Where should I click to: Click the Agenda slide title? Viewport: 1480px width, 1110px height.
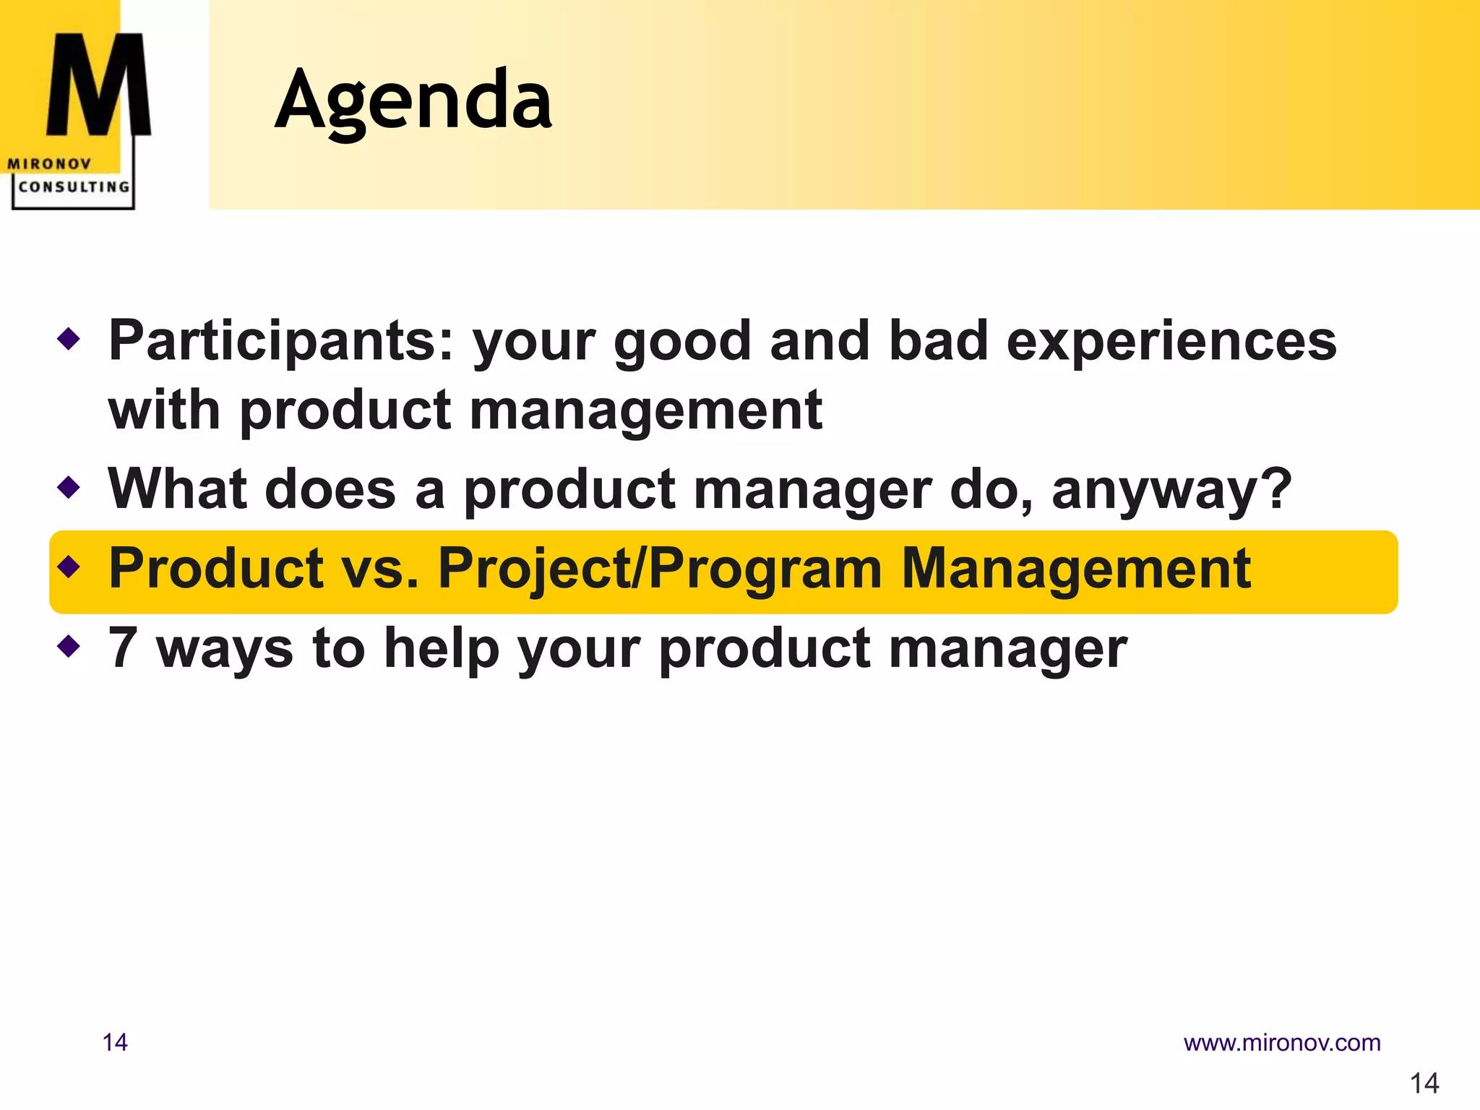click(413, 100)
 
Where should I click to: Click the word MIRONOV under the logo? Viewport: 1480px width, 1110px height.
click(49, 164)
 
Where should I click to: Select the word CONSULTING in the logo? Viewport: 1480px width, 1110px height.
click(74, 186)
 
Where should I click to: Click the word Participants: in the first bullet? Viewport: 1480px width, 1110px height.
click(281, 341)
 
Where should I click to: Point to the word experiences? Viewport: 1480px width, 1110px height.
click(1171, 341)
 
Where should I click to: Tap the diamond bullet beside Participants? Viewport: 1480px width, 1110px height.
click(69, 338)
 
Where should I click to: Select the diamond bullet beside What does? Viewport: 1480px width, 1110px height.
click(69, 487)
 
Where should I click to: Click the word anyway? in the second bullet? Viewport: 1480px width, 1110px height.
click(1171, 490)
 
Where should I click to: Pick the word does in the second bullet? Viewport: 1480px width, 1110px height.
click(330, 490)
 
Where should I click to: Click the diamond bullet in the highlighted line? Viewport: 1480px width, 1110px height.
click(69, 567)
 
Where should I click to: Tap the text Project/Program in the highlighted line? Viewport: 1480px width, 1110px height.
click(661, 569)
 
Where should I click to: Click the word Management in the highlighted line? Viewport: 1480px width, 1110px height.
click(1076, 569)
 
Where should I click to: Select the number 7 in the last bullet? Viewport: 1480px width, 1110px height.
click(123, 647)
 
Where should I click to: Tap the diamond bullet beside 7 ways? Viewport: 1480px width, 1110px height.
click(69, 645)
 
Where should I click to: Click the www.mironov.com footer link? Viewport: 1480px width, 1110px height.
click(1282, 1043)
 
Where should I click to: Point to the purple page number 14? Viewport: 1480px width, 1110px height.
click(115, 1043)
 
